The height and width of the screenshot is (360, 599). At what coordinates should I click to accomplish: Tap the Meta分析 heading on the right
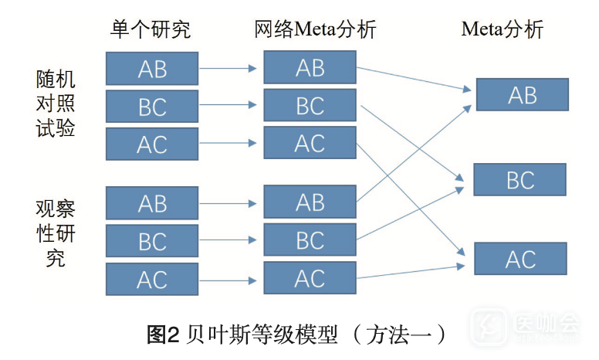pos(503,30)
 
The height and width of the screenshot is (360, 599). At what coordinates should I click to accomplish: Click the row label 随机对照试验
pos(56,104)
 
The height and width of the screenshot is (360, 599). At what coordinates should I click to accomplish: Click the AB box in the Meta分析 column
pos(522,94)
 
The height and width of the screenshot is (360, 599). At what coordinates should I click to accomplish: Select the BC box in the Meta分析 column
pos(519,179)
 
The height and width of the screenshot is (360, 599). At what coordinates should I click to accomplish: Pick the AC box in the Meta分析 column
pos(520,259)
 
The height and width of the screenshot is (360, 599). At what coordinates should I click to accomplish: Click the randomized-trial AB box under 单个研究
pos(152,68)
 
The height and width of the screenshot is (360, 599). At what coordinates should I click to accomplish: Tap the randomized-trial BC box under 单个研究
pos(152,107)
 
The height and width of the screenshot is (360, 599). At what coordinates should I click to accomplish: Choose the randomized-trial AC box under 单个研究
pos(152,144)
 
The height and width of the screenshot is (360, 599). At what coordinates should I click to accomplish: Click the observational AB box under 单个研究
pos(152,203)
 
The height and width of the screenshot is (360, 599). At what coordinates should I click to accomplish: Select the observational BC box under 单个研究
pos(152,241)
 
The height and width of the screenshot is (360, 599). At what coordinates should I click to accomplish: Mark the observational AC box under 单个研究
pos(152,279)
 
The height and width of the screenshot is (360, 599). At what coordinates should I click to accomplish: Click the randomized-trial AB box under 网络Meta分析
pos(310,67)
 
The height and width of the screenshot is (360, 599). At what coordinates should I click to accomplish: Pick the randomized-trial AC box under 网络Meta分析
pos(310,143)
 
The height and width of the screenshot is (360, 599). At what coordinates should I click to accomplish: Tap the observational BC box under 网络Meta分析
pos(310,239)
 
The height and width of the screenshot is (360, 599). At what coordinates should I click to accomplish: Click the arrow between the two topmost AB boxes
pos(230,68)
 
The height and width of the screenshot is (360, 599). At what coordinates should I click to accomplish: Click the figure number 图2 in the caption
pos(163,335)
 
